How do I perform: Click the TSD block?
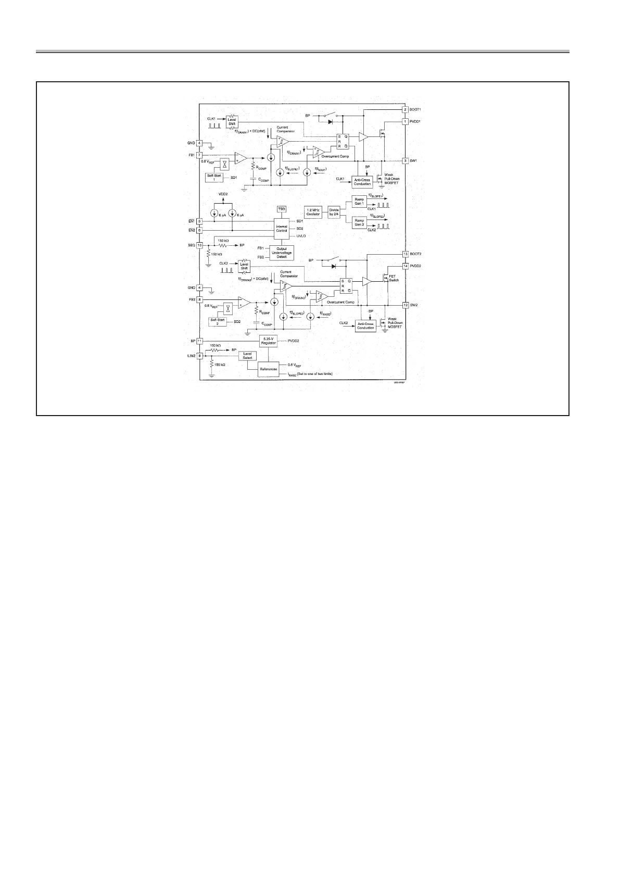pos(282,209)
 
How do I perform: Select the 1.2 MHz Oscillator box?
pos(313,212)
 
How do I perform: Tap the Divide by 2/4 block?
pos(334,212)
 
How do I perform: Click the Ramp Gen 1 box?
pos(359,201)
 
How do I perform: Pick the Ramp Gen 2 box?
pos(359,222)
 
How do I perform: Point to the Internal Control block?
pos(282,228)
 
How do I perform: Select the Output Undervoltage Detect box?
pos(282,253)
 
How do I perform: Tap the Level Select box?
pos(248,356)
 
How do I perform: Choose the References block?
pos(269,369)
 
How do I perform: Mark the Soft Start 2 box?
pos(218,321)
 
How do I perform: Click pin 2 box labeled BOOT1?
pos(405,110)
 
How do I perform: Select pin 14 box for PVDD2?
pos(405,266)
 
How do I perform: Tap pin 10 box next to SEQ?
pos(199,245)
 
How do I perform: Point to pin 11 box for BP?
pos(199,341)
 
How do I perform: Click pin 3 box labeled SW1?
pos(405,161)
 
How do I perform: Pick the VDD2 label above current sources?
pos(223,194)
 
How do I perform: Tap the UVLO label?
pos(301,236)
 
